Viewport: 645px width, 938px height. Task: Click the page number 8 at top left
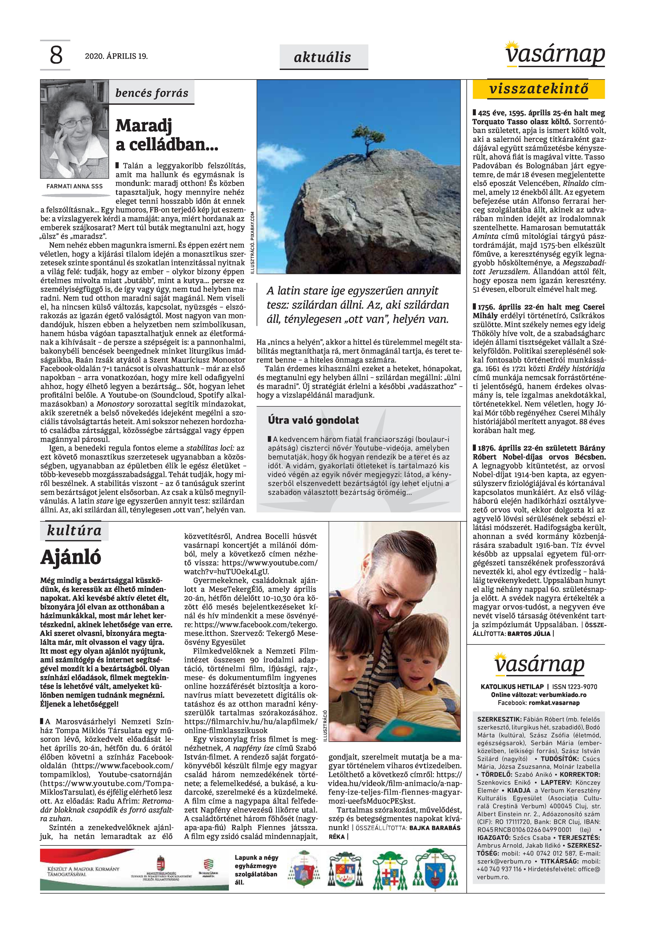(56, 55)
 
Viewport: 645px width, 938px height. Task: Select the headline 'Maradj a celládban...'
(166, 135)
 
